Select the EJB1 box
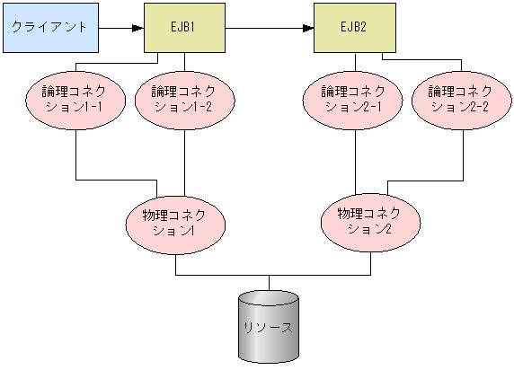184,27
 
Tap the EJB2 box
353,27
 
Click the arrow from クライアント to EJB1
117,27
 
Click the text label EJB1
184,26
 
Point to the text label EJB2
353,26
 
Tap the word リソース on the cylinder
268,327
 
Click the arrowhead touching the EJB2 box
308,27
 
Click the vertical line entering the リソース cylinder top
268,282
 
